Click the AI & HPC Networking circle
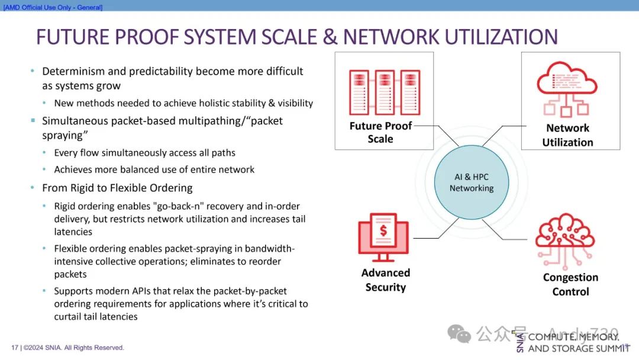[x=471, y=182]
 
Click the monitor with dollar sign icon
[x=383, y=237]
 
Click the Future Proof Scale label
[x=380, y=132]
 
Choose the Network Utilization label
[x=567, y=135]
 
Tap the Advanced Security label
[x=385, y=280]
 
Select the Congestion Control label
[x=570, y=284]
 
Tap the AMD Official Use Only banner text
[x=53, y=7]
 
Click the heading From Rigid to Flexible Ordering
[x=117, y=188]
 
